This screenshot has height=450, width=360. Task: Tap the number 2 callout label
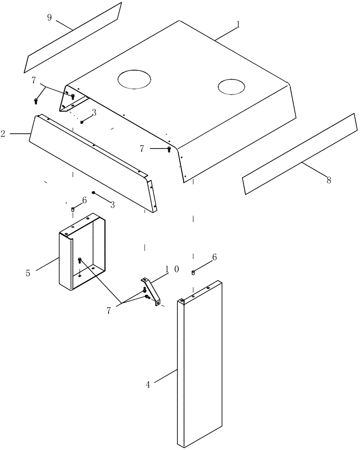pos(3,134)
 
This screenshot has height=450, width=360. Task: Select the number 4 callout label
pos(148,385)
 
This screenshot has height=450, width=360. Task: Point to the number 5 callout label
pos(28,273)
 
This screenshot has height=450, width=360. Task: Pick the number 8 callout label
pos(328,180)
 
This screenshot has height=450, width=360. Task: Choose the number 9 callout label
pos(49,18)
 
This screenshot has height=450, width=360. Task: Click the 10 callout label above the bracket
pos(171,269)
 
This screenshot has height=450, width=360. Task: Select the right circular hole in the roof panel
pos(232,87)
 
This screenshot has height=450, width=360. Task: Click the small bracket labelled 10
pos(152,290)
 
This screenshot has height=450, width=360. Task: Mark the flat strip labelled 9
pos(72,38)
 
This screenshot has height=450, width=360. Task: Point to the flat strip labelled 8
pos(299,154)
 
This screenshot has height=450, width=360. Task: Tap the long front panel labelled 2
pos(90,162)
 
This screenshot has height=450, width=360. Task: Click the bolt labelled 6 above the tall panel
pos(193,272)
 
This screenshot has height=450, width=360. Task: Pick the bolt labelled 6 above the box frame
pos(72,209)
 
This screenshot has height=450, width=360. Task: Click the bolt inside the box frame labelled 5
pos(80,260)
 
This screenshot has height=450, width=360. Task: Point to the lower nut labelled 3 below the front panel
pos(94,193)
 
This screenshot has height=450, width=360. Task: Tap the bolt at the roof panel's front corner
pos(169,148)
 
